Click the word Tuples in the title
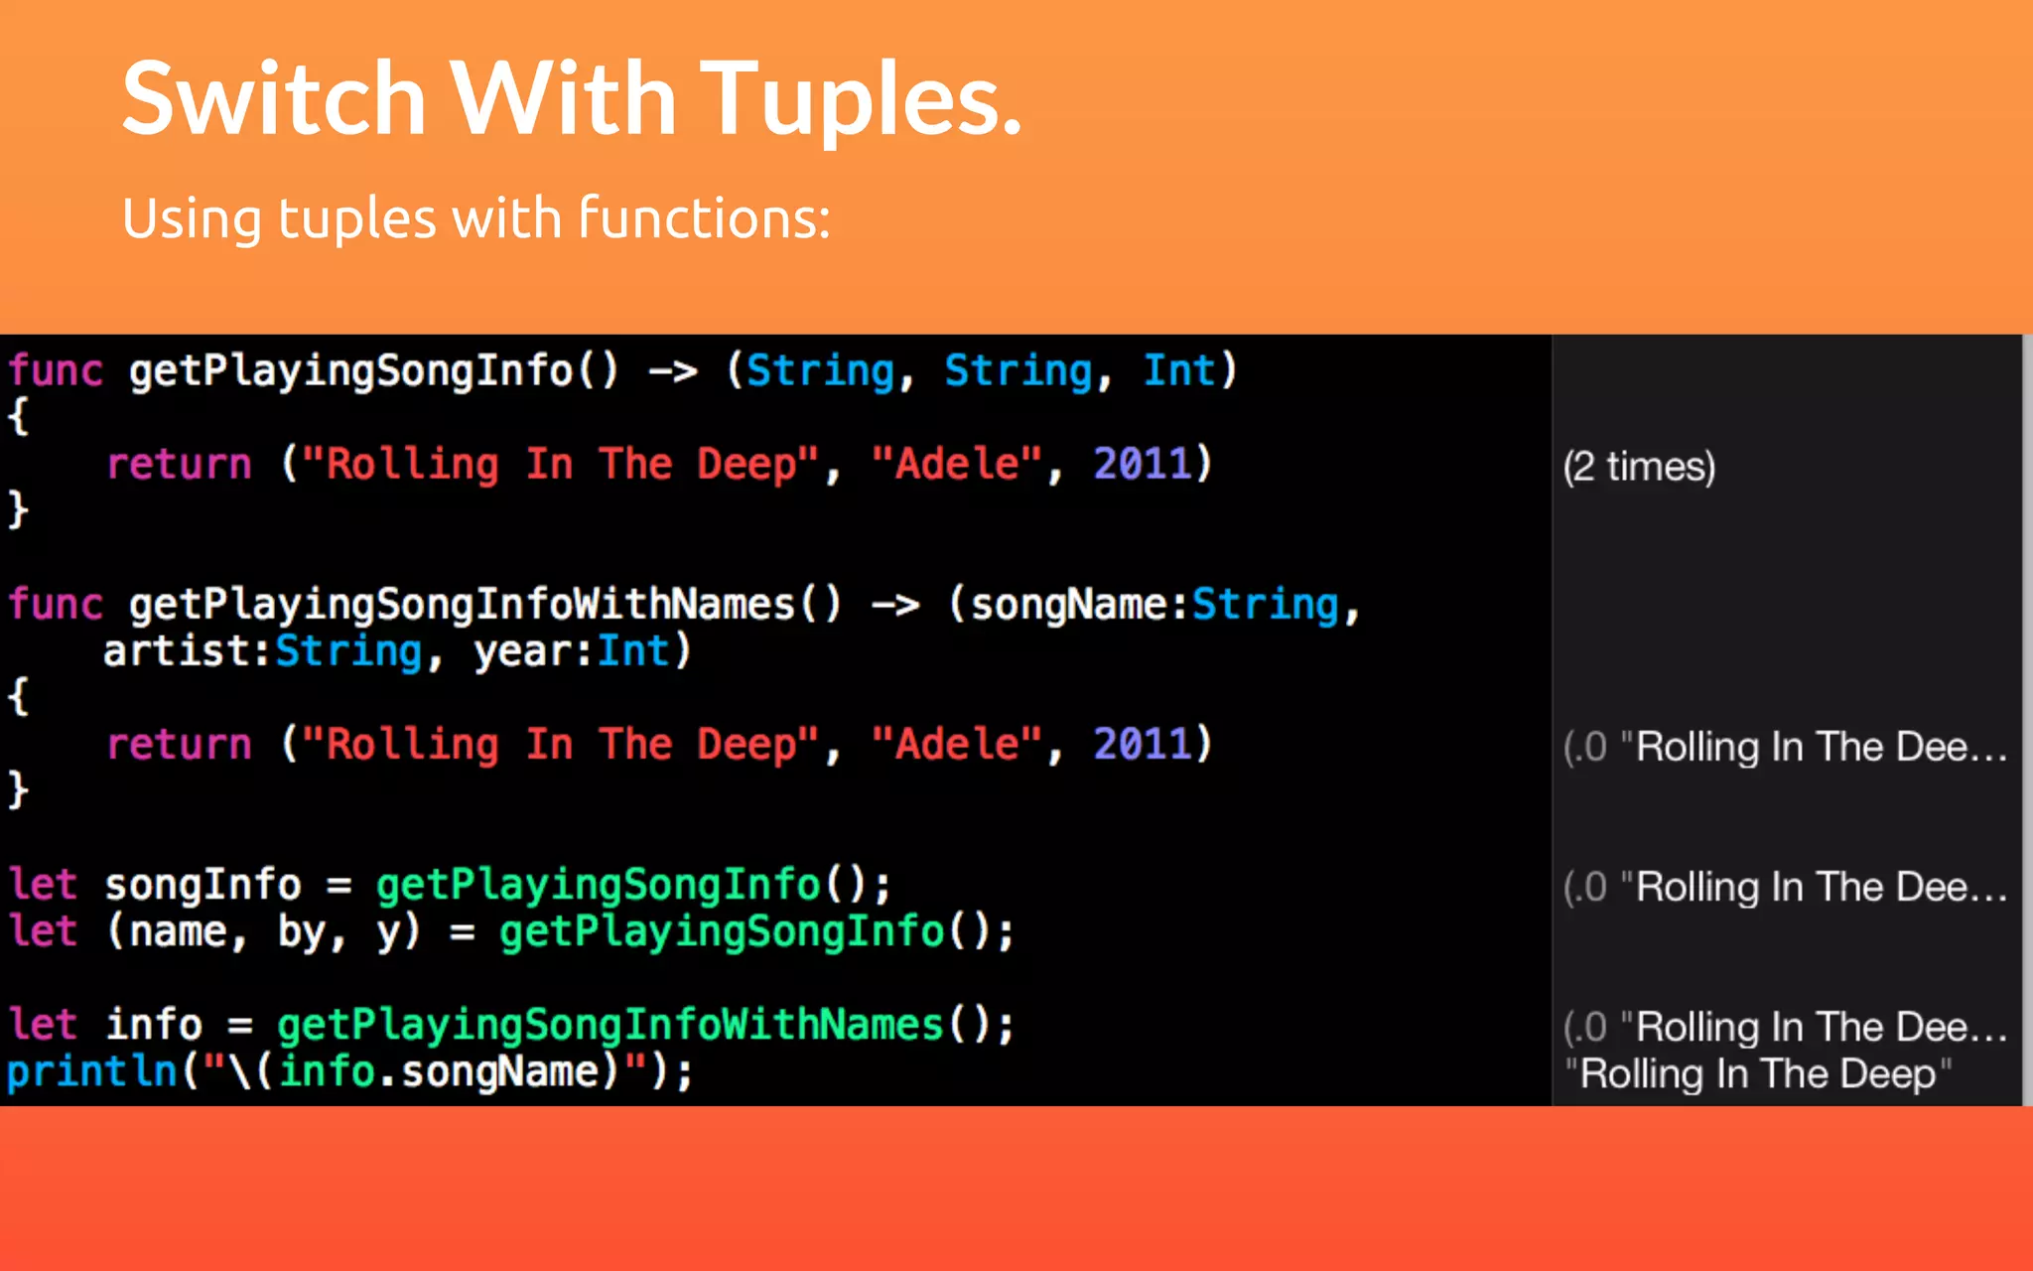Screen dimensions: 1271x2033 (862, 99)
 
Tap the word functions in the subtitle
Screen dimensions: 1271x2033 (704, 218)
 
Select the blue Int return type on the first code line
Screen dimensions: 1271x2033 (1178, 370)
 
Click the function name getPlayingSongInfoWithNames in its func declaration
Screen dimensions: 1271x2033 (463, 605)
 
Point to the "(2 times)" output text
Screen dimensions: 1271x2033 (1639, 467)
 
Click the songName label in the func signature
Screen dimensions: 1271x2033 (1068, 605)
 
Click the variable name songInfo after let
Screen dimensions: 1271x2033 (203, 885)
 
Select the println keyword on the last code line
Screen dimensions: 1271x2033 (91, 1071)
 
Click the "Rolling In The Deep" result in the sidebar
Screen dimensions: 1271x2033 (1758, 1073)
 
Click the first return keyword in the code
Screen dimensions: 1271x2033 (180, 464)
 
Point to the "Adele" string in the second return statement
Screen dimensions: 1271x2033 (957, 744)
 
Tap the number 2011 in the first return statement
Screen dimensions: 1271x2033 (1142, 464)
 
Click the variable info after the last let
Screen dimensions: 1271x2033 (154, 1025)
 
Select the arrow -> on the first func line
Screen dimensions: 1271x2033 (673, 371)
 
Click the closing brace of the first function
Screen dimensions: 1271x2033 (18, 509)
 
